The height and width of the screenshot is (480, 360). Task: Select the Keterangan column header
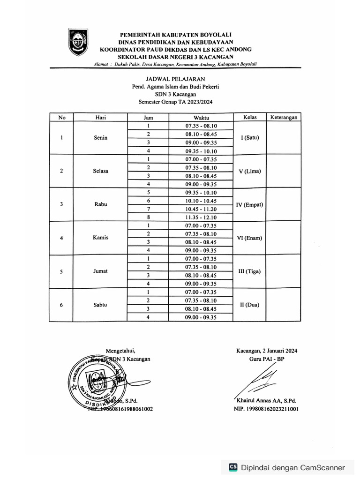tap(284, 118)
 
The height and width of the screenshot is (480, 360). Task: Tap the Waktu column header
tap(201, 118)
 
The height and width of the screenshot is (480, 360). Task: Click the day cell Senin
tap(100, 138)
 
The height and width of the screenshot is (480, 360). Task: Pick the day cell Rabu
tap(100, 204)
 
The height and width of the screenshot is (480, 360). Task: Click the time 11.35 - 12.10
tap(201, 217)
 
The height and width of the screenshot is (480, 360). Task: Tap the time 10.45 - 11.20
tap(201, 209)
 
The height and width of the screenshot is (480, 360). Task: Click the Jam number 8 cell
tap(148, 217)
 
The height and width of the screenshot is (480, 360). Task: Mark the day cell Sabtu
tap(100, 305)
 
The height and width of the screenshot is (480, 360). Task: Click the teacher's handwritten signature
tap(258, 381)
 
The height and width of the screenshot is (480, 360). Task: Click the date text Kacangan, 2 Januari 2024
tap(267, 351)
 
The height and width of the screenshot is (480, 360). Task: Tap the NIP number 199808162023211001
tap(267, 409)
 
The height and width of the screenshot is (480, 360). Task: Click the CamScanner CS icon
tap(233, 467)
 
